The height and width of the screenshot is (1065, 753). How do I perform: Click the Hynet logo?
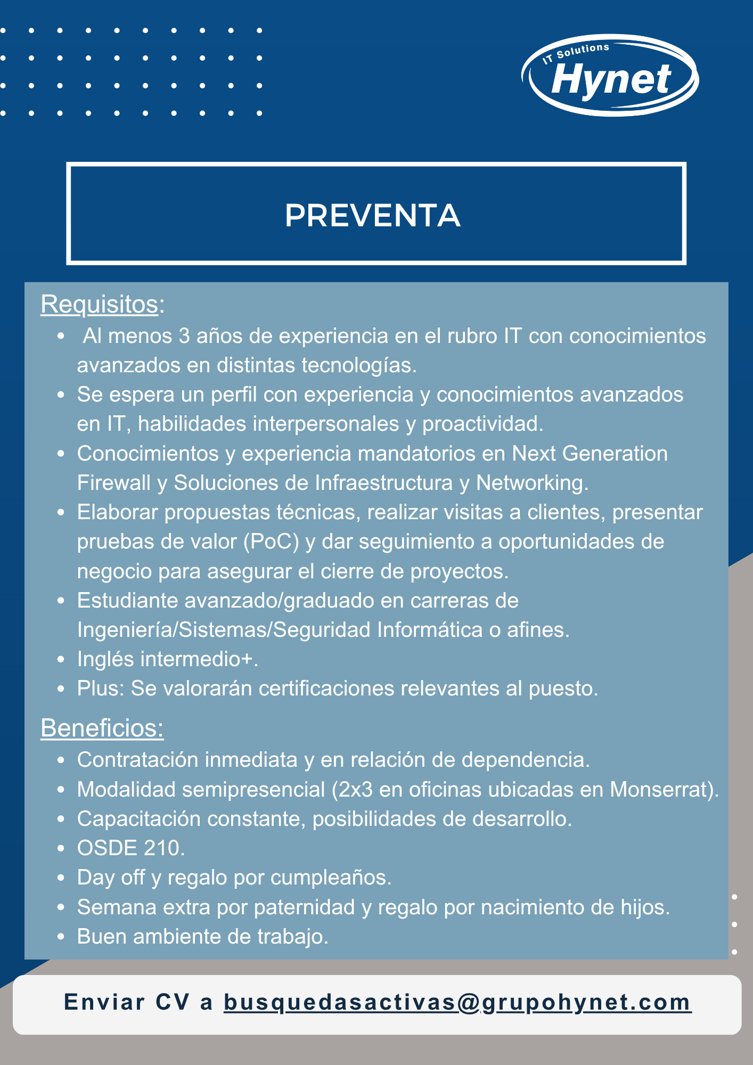(610, 76)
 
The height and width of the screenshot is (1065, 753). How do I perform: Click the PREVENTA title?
(373, 216)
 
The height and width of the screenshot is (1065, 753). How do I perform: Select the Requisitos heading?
(100, 305)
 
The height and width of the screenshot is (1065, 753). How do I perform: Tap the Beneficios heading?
(102, 728)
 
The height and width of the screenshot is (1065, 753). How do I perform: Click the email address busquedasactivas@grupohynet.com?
(457, 1002)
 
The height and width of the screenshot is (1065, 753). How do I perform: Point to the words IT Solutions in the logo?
(576, 53)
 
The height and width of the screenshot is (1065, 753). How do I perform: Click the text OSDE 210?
(130, 848)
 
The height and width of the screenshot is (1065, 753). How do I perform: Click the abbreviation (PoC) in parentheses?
(271, 542)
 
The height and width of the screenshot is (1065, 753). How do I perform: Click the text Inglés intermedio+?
(167, 659)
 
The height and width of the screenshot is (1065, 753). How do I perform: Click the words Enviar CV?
(127, 1002)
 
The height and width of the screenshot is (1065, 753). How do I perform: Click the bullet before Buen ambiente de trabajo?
(61, 937)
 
